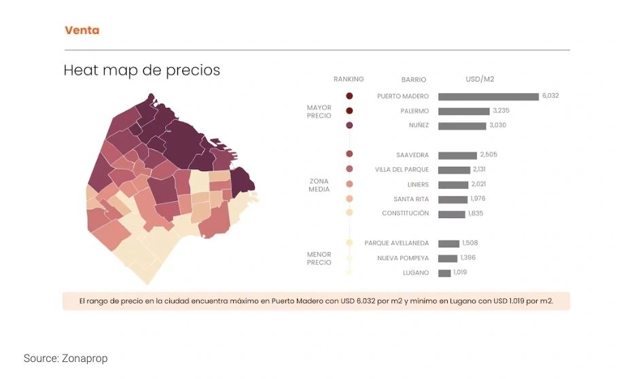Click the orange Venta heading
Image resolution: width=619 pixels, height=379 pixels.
[x=82, y=31]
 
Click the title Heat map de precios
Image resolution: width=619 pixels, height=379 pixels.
[x=141, y=70]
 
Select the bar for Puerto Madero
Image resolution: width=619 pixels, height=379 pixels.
[x=488, y=96]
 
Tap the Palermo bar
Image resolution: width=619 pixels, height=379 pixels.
[x=463, y=111]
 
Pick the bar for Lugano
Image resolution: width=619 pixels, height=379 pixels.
[x=444, y=273]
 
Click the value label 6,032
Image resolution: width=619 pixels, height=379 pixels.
[x=550, y=96]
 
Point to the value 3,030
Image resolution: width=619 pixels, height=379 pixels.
[x=497, y=125]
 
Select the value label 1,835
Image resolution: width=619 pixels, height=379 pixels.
[x=476, y=213]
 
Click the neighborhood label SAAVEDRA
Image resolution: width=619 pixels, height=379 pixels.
[x=412, y=156]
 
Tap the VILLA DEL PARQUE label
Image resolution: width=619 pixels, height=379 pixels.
[x=402, y=170]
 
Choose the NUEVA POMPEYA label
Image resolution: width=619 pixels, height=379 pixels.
[x=403, y=258]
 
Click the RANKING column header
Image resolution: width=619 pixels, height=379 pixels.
[x=349, y=79]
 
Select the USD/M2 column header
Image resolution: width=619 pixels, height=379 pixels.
[x=480, y=79]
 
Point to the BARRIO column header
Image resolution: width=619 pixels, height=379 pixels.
[x=414, y=80]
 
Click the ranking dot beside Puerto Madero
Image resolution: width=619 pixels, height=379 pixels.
[x=349, y=96]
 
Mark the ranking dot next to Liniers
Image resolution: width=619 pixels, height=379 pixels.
[x=349, y=184]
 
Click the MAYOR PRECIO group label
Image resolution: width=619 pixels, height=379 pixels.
[x=319, y=111]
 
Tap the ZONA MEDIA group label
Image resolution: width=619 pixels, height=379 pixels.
[x=319, y=185]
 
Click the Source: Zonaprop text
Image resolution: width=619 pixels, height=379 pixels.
[x=65, y=358]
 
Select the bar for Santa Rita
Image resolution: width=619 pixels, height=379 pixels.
[x=453, y=200]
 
